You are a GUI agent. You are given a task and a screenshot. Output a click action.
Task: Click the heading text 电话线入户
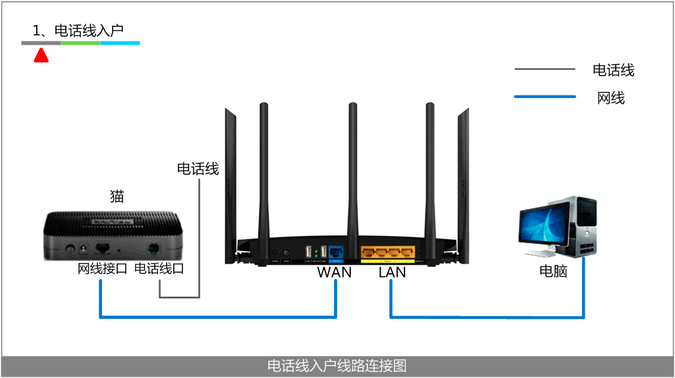78,30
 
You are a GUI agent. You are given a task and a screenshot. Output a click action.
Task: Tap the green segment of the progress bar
80,43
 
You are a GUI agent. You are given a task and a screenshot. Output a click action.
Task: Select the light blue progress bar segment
120,43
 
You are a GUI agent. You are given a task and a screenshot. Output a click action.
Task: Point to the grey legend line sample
545,69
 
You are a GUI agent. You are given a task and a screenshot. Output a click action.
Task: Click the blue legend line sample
545,97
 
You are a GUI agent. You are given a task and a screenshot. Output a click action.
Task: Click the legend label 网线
610,98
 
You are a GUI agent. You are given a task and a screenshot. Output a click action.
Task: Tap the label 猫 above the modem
117,196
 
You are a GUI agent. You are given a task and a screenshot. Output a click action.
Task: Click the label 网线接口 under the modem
102,269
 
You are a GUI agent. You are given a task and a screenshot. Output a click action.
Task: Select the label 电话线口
159,269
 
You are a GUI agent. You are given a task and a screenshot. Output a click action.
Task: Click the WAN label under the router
334,272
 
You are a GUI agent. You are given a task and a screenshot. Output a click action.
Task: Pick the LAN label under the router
392,272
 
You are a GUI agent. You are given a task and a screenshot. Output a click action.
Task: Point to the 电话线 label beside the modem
198,169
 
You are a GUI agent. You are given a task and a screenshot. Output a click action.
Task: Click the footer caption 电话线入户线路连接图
337,366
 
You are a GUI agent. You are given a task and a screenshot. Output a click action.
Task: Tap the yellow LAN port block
389,252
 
